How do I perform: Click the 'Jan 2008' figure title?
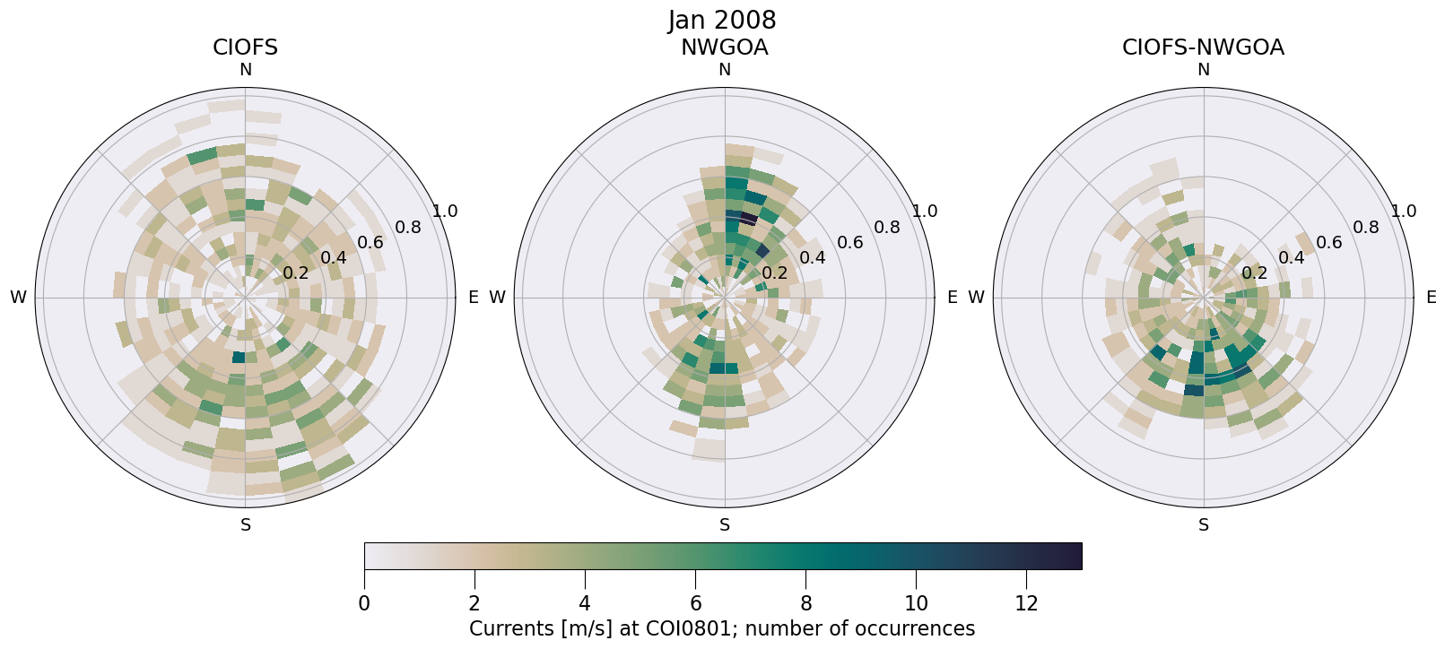722,21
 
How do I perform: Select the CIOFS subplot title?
245,48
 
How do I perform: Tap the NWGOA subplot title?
724,48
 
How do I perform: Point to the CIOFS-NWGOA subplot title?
1203,48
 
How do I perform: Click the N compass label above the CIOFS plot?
245,70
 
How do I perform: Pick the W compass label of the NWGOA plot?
497,298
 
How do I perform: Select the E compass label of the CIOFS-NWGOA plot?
1431,298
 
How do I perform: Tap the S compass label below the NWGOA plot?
725,525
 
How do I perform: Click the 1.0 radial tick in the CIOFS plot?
445,212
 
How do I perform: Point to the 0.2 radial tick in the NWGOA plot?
774,273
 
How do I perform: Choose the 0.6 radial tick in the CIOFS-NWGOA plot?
1328,243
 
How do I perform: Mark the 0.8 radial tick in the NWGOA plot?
886,228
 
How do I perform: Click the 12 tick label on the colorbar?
1026,604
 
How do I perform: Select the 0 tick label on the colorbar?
364,604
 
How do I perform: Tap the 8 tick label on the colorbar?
805,604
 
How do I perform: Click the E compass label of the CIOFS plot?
473,298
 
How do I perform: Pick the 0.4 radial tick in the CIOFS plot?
333,258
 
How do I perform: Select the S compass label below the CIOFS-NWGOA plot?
1204,525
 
